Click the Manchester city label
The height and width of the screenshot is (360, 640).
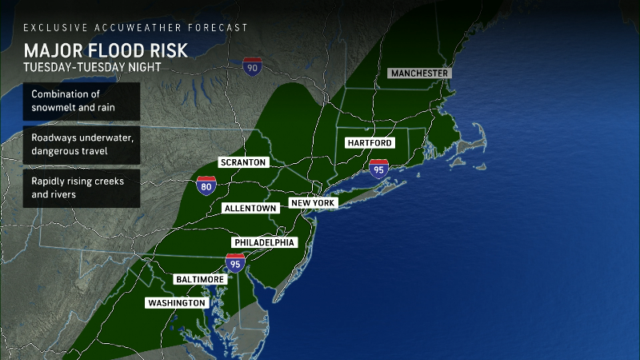click(419, 73)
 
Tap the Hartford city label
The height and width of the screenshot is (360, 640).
click(369, 142)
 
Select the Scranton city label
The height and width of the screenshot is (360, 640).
click(242, 162)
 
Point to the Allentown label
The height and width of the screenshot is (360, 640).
click(250, 208)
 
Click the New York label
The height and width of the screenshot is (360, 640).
click(314, 203)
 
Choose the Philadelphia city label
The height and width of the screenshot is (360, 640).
click(264, 242)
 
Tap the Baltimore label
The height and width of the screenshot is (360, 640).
click(199, 278)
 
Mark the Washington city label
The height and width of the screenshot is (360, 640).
click(176, 303)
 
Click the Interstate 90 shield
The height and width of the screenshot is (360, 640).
click(253, 66)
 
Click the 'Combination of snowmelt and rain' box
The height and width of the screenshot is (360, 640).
click(81, 101)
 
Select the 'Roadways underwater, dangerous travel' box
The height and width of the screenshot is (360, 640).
click(81, 144)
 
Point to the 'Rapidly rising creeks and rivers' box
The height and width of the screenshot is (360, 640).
click(81, 187)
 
